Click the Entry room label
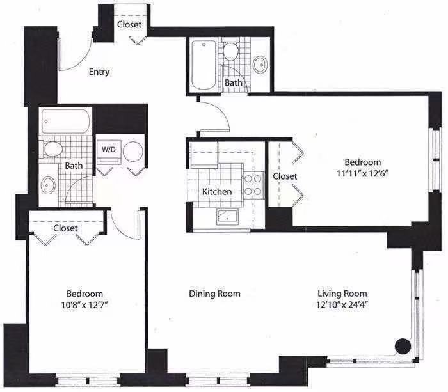tap(99, 72)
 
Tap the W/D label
tap(108, 150)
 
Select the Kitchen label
tap(217, 191)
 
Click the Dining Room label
tap(214, 294)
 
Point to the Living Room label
tap(342, 294)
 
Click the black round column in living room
tap(403, 346)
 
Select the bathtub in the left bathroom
tap(67, 122)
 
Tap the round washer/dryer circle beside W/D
tap(133, 152)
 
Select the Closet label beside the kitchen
tap(285, 176)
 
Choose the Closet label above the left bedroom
tap(65, 228)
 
